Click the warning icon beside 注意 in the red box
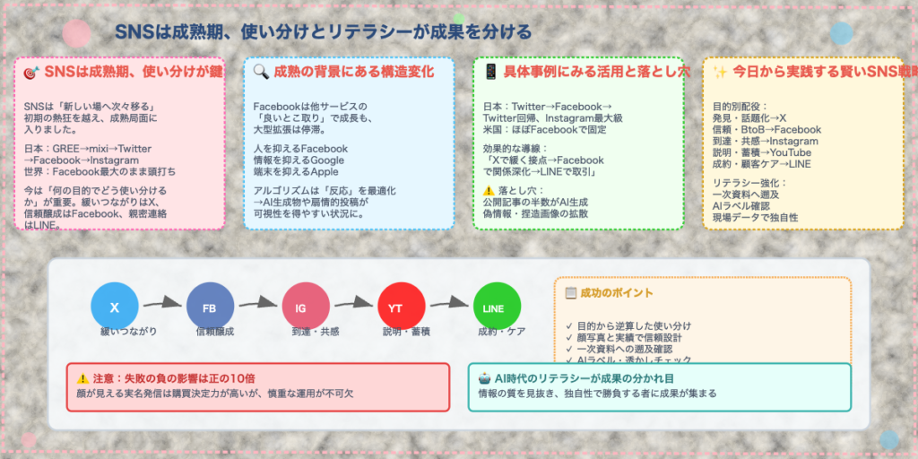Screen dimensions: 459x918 [x=83, y=378]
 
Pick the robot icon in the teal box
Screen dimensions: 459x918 [x=485, y=378]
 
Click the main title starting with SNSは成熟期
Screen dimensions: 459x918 [x=323, y=32]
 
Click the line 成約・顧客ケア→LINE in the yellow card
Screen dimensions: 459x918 [x=763, y=164]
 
